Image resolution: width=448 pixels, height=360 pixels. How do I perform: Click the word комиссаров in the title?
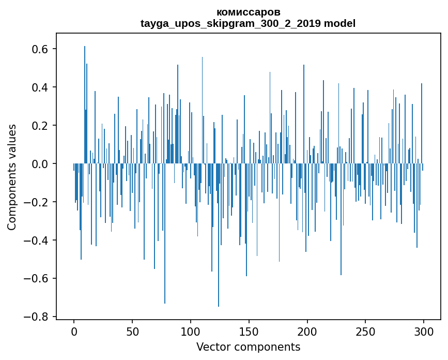tap(248, 12)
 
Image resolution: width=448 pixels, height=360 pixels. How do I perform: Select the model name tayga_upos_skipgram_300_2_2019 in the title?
tap(230, 23)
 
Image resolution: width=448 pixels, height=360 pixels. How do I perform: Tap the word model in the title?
tap(339, 23)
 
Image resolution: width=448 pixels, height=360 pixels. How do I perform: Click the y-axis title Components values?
tap(12, 177)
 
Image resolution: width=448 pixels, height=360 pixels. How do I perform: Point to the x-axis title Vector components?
tap(248, 347)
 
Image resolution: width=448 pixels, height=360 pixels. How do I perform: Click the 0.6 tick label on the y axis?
tap(39, 49)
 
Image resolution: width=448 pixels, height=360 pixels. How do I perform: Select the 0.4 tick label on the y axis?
tap(39, 87)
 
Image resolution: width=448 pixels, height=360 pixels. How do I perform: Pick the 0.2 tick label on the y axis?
tap(39, 126)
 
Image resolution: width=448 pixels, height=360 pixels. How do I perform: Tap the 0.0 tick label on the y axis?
tap(39, 164)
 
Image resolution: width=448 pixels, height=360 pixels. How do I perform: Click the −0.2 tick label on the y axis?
tap(36, 202)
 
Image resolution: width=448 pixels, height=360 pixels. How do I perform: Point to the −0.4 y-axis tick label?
tap(36, 240)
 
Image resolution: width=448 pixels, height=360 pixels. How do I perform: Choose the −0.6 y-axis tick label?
tap(36, 278)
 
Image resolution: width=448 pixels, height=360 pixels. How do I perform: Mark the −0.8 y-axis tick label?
tap(36, 317)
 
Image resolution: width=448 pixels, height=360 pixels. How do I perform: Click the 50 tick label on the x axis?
tap(132, 332)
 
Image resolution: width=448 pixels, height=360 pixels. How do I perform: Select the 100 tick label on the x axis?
tap(191, 332)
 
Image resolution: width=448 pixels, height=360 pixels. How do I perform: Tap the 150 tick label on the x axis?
tap(249, 332)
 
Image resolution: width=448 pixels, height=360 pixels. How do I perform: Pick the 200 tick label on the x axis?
tap(307, 332)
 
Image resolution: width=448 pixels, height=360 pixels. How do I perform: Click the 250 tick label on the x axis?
tap(365, 332)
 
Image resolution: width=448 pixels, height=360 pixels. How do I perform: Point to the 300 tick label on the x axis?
tap(424, 332)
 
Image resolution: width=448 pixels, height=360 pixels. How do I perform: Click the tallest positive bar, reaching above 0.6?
tap(85, 104)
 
